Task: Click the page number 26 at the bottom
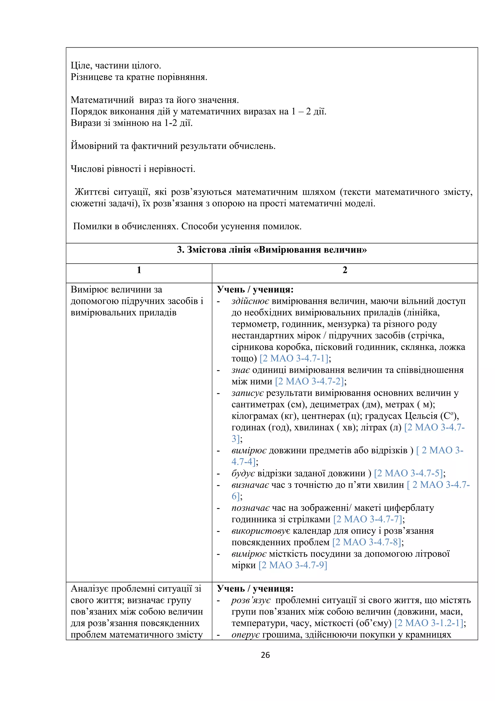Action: click(265, 655)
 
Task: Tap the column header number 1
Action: click(139, 270)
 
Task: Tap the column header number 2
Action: click(345, 270)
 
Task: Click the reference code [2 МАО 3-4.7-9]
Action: click(293, 565)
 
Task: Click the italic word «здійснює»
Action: click(250, 301)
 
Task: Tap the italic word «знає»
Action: click(241, 370)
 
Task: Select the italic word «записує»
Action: click(247, 393)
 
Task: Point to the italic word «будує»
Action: click(243, 473)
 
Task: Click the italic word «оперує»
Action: click(245, 635)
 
